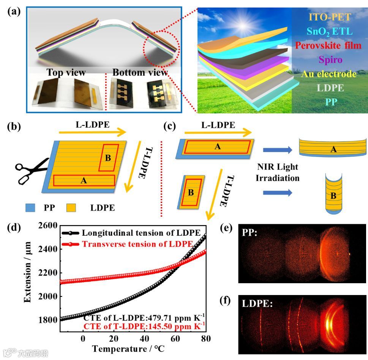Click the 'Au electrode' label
coord(329,74)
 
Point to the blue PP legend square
coord(31,208)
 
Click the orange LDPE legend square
coord(71,208)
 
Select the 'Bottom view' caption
coord(140,72)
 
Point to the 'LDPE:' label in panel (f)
coord(255,303)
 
